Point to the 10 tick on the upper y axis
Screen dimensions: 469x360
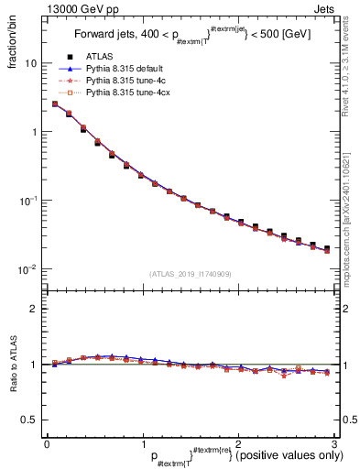click(29, 64)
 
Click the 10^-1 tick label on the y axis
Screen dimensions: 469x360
click(27, 201)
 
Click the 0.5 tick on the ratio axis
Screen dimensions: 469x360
click(27, 420)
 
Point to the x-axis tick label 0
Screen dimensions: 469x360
click(47, 442)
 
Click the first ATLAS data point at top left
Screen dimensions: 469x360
click(55, 104)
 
